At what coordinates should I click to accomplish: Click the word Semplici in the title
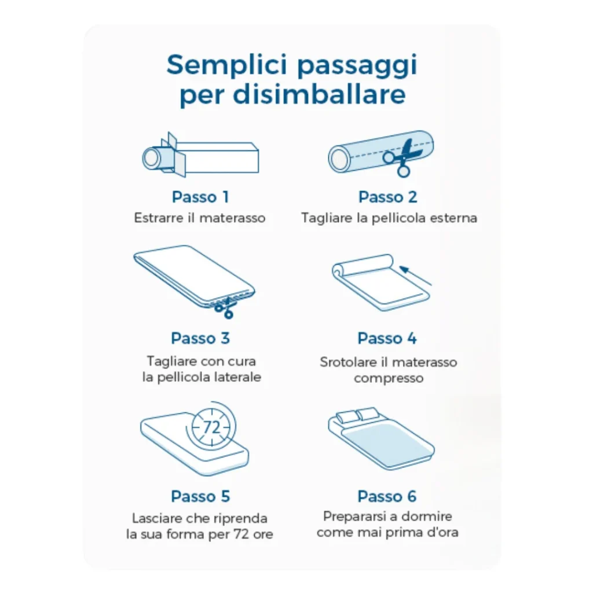click(x=227, y=64)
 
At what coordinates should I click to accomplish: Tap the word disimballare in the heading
click(x=319, y=94)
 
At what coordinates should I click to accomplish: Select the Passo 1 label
click(x=200, y=197)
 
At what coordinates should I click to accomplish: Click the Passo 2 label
click(x=387, y=197)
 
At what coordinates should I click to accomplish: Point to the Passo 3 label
click(x=200, y=338)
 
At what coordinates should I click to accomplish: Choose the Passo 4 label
click(x=387, y=338)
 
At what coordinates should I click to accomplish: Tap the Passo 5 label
click(x=200, y=496)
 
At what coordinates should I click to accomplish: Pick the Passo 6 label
click(x=387, y=496)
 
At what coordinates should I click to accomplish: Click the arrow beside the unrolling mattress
click(x=415, y=275)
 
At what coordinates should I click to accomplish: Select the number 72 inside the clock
click(x=212, y=427)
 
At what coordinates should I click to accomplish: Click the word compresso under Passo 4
click(x=389, y=378)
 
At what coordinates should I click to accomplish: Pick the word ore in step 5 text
click(x=263, y=535)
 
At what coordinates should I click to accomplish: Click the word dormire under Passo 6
click(x=427, y=516)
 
